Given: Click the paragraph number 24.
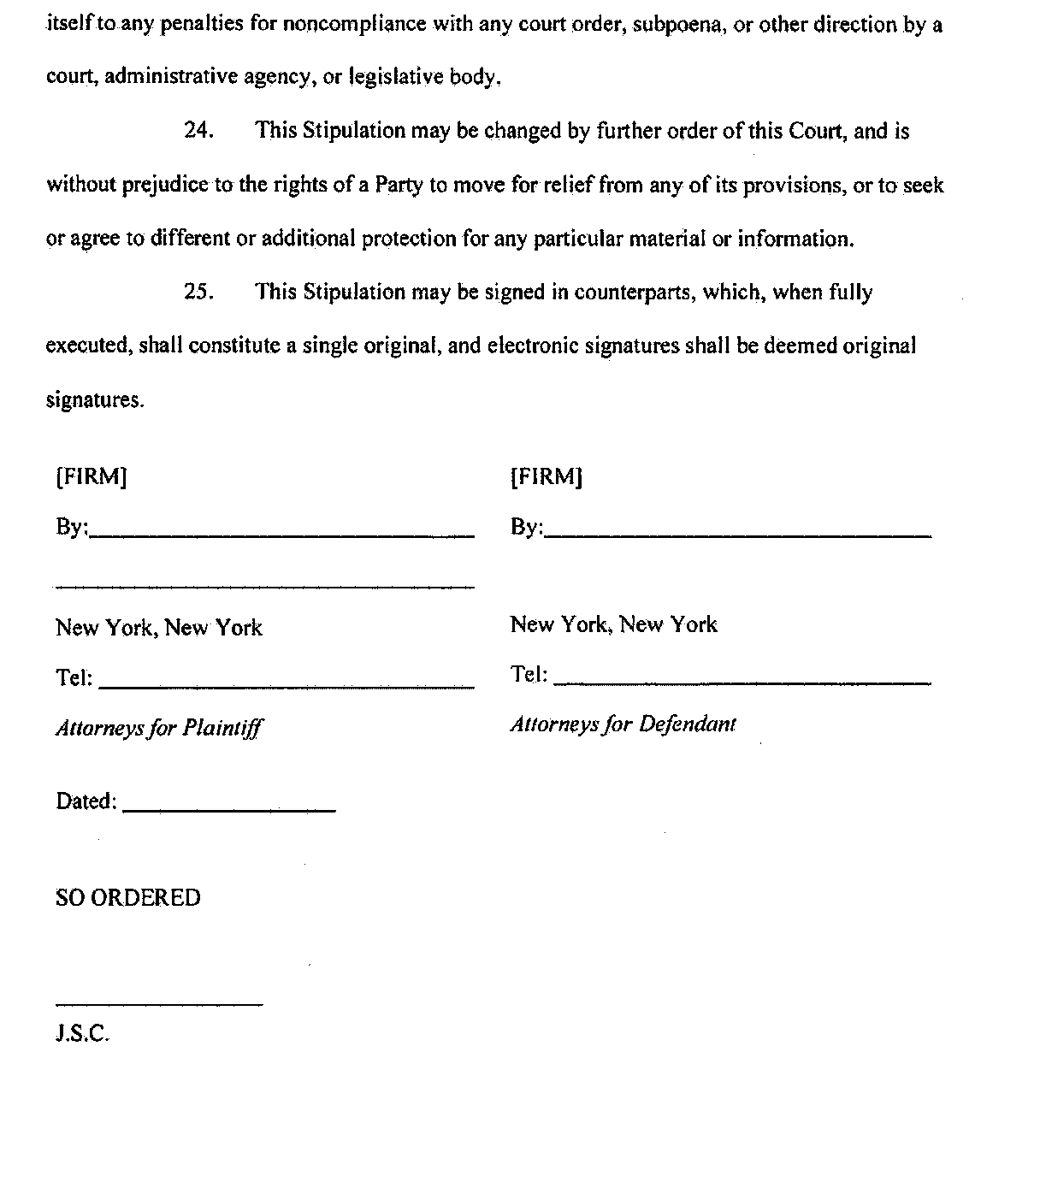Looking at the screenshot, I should click(x=198, y=131).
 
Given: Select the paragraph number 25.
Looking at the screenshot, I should click(x=198, y=293).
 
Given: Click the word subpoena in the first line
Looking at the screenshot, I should click(x=679, y=24).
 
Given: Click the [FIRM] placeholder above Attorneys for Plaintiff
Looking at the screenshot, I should click(x=91, y=476).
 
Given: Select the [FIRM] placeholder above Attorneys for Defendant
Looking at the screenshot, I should click(x=546, y=476).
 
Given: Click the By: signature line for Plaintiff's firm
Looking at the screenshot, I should click(x=282, y=534).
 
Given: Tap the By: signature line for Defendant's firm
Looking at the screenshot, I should click(x=737, y=534).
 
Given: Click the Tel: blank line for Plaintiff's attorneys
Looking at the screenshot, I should click(x=287, y=685).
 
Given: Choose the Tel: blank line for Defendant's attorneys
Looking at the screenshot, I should click(x=742, y=682).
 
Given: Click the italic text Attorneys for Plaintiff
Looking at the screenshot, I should click(x=159, y=728).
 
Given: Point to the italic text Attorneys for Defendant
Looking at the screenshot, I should click(x=623, y=724).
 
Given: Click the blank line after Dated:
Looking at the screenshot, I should click(x=229, y=808).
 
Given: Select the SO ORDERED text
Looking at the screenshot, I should click(x=128, y=898).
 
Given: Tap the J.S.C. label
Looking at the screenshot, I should click(x=83, y=1034).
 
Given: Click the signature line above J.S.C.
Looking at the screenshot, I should click(x=159, y=1003).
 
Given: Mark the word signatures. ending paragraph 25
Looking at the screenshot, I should click(x=95, y=400).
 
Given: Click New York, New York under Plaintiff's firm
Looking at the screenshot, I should click(x=159, y=629).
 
